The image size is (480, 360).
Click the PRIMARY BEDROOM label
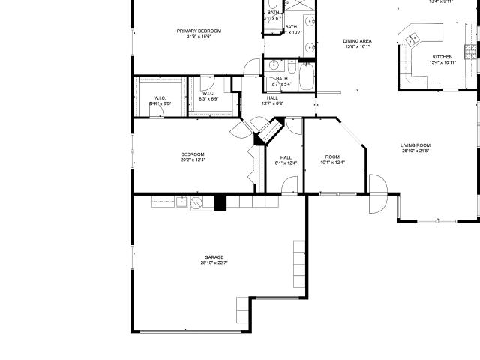(199, 31)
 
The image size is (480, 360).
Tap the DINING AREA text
(357, 41)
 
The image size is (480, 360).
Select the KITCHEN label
(442, 57)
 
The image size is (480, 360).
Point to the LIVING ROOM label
(415, 145)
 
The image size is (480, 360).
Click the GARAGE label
(214, 256)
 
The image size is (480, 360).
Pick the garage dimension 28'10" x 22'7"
(214, 262)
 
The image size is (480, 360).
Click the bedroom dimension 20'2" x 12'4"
(193, 160)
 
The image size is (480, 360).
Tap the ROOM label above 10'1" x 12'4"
(332, 157)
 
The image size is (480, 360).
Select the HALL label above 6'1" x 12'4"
(286, 157)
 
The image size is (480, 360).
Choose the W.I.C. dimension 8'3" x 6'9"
(208, 98)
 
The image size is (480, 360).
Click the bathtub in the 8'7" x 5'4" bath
(307, 77)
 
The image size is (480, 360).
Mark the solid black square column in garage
(220, 202)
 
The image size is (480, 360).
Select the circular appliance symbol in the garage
(196, 202)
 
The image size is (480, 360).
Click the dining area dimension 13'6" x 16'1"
(357, 46)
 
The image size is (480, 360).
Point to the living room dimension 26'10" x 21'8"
(415, 151)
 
